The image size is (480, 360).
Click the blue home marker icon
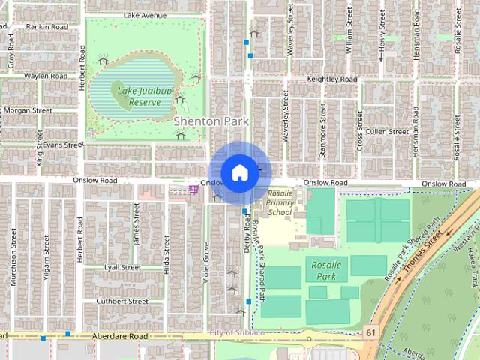point(239,172)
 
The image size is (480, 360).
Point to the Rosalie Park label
point(320,271)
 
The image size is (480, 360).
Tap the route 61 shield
point(371,331)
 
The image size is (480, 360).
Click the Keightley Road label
point(332,79)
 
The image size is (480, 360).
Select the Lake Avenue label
point(145,15)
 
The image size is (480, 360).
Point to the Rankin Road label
point(46,26)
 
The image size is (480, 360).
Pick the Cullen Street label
point(387,131)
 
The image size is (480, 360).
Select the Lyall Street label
point(122,267)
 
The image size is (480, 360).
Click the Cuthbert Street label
point(118,301)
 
